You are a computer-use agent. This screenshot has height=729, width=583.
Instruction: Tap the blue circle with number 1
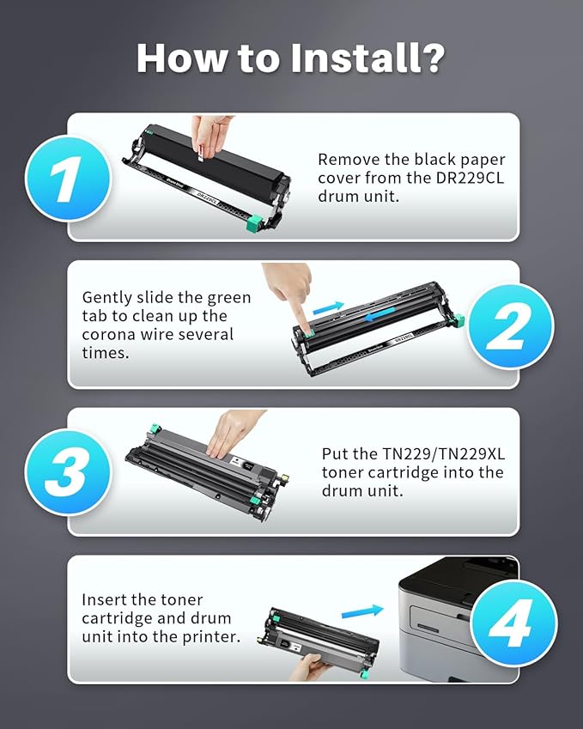pyautogui.click(x=68, y=179)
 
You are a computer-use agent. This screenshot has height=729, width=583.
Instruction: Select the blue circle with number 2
pyautogui.click(x=511, y=325)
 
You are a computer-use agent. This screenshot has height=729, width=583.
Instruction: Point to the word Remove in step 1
pyautogui.click(x=344, y=159)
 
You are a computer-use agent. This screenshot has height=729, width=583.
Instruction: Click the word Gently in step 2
pyautogui.click(x=107, y=297)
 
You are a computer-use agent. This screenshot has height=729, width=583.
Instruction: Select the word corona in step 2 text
pyautogui.click(x=108, y=333)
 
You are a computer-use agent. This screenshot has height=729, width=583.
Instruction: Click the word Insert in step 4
pyautogui.click(x=105, y=599)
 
